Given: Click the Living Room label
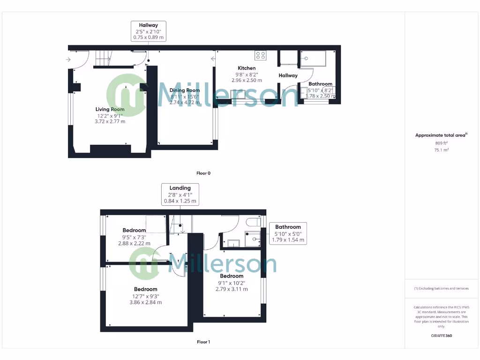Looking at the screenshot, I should click(x=110, y=109).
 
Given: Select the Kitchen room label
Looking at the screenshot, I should click(x=246, y=68).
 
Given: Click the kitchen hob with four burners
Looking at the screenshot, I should click(x=260, y=56).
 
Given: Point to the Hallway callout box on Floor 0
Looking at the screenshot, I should click(x=148, y=31).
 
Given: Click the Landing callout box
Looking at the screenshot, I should click(x=180, y=195).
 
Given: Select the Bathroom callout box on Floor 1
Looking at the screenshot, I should click(x=288, y=233).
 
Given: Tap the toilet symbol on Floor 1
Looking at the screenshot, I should click(x=253, y=221).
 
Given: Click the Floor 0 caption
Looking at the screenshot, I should click(x=203, y=173).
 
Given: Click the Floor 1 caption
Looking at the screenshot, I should click(x=203, y=342).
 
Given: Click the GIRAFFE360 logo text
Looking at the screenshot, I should click(x=442, y=336).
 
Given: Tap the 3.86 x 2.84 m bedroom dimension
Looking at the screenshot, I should click(x=145, y=302).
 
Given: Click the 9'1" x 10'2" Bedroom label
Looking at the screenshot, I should click(x=232, y=276).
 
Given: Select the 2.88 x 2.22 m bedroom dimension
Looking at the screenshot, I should click(x=134, y=243).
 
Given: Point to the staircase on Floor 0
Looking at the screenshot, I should click(x=104, y=59).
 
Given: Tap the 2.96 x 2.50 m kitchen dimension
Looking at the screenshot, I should click(x=247, y=80).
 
